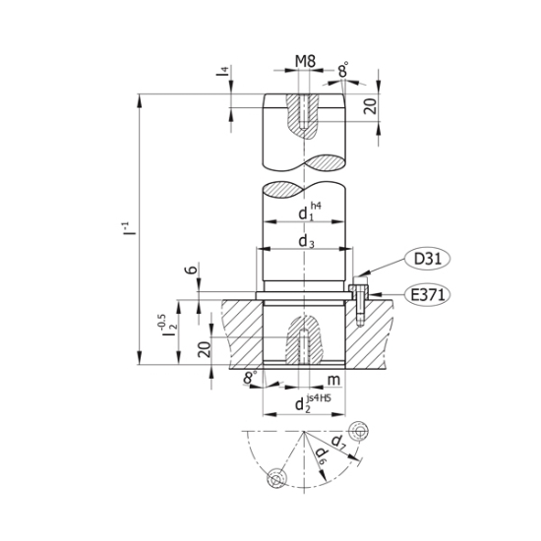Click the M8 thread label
tap(305, 62)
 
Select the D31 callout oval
tap(428, 259)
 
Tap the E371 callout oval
tap(428, 295)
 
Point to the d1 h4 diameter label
tap(310, 211)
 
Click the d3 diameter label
tap(306, 242)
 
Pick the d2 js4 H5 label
tap(313, 403)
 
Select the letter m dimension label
tap(333, 380)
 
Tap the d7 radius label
tap(338, 443)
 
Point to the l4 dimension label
tap(224, 72)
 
